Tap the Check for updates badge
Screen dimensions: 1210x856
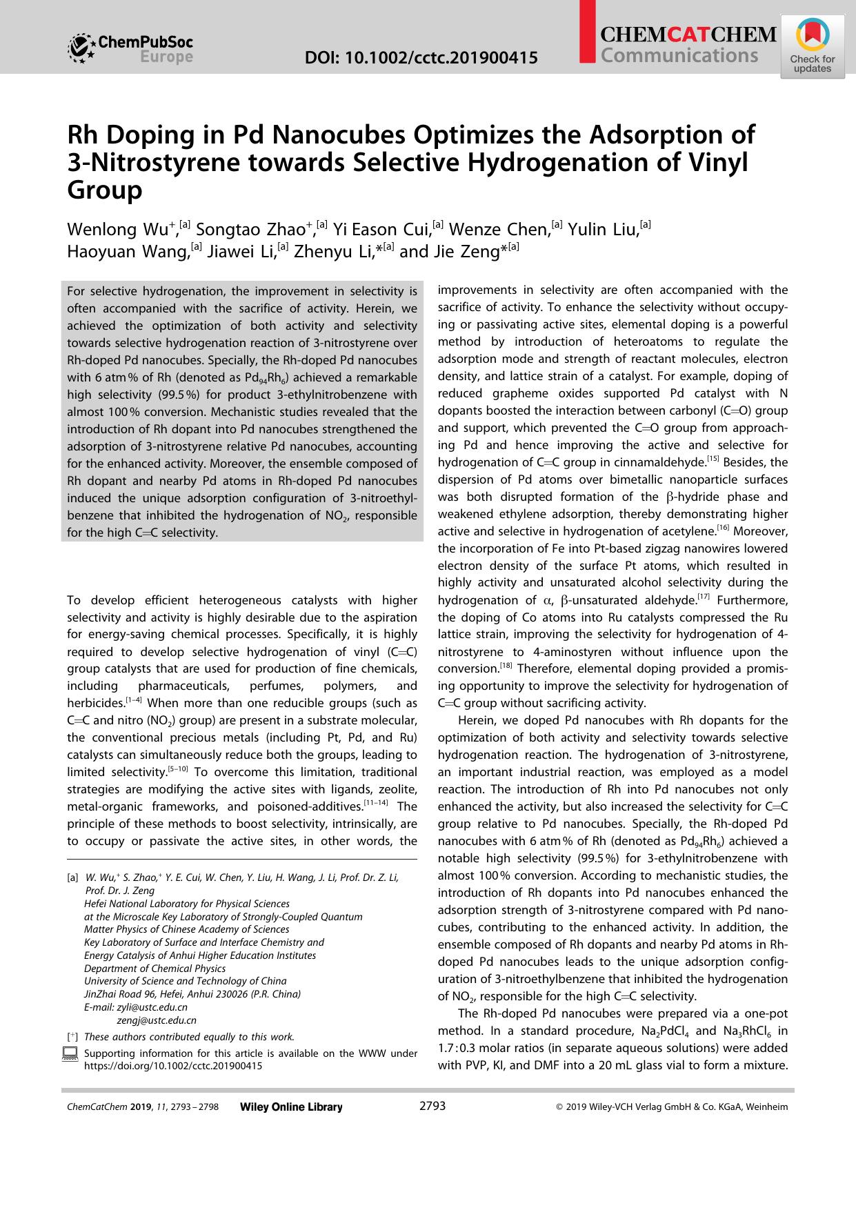tap(813, 47)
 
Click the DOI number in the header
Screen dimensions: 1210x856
tap(421, 58)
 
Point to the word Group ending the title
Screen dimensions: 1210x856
tap(104, 189)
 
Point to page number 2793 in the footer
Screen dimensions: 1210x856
tap(432, 1106)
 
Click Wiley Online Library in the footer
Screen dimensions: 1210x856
tap(291, 1107)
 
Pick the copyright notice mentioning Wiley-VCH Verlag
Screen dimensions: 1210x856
tap(672, 1107)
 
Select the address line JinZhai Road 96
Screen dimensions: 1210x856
tap(192, 993)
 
